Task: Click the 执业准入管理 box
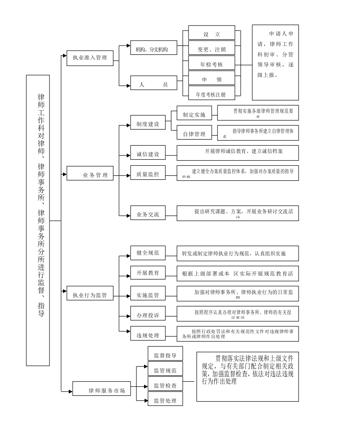pos(90,58)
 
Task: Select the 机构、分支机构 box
pos(154,49)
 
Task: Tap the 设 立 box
pos(212,34)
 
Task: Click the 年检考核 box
pos(212,64)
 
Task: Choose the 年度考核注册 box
pos(212,94)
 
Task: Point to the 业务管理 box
pos(90,174)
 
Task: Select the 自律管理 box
pos(194,134)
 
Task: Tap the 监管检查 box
pos(165,385)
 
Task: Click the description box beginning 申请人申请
pos(275,63)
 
